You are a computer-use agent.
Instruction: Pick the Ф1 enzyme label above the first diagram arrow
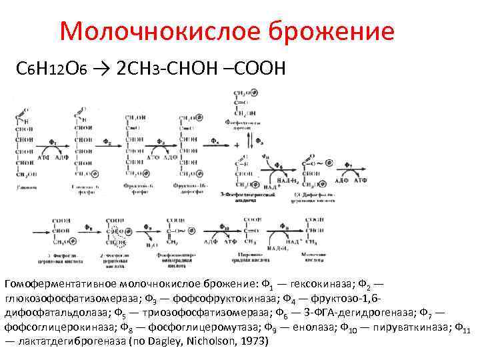[x=54, y=142]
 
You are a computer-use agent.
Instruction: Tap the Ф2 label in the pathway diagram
[x=107, y=142]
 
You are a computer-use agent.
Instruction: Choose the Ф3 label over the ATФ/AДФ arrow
[x=161, y=142]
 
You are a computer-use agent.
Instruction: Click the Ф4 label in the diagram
[x=215, y=142]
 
